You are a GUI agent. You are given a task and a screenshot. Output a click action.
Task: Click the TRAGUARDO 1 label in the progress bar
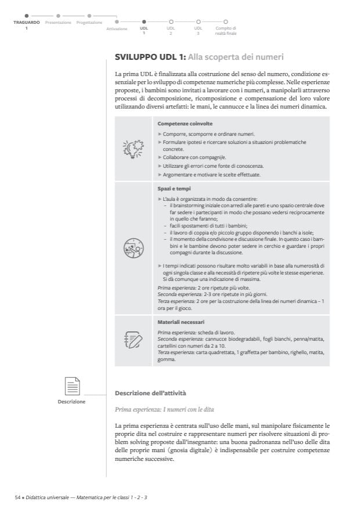pyautogui.click(x=26, y=24)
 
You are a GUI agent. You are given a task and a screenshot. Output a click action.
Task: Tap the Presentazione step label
pyautogui.click(x=58, y=23)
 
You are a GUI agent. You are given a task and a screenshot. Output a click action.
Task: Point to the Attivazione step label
pyautogui.click(x=117, y=28)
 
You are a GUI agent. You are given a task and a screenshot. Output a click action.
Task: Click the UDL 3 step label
pyautogui.click(x=198, y=30)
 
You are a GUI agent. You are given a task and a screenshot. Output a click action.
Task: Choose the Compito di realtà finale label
pyautogui.click(x=226, y=30)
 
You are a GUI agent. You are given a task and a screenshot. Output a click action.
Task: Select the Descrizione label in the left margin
pyautogui.click(x=73, y=401)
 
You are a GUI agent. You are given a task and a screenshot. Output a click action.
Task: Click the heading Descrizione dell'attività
pyautogui.click(x=150, y=394)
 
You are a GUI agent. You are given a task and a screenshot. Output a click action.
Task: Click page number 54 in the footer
pyautogui.click(x=18, y=497)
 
